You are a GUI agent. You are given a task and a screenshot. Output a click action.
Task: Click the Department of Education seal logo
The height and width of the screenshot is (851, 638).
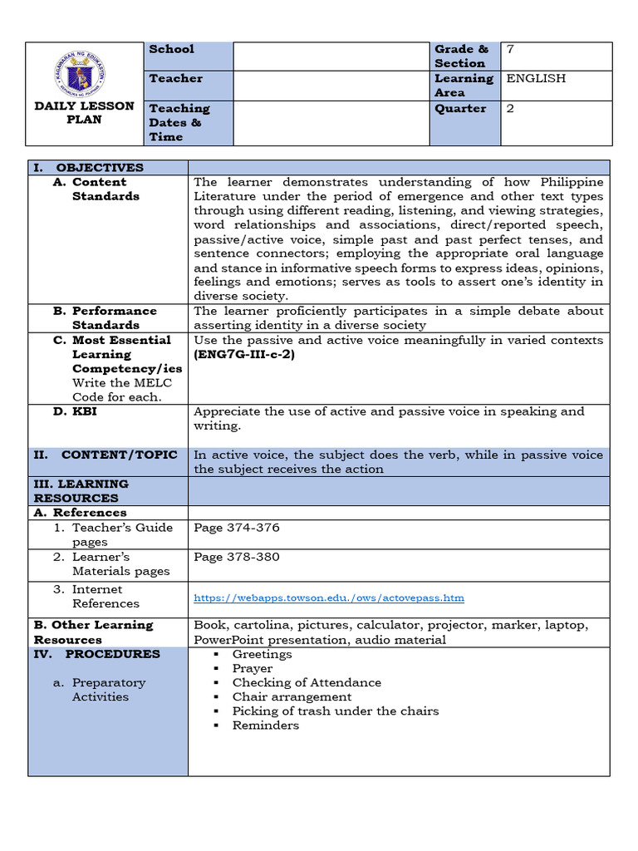pyautogui.click(x=81, y=72)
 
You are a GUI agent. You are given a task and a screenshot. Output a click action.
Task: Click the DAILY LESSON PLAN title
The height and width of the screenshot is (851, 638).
pyautogui.click(x=84, y=112)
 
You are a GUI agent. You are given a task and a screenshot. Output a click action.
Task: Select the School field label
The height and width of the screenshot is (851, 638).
pyautogui.click(x=171, y=49)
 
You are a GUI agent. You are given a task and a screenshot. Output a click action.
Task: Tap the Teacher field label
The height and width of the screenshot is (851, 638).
pyautogui.click(x=175, y=78)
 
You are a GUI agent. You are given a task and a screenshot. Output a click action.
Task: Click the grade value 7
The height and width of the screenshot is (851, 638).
pyautogui.click(x=510, y=49)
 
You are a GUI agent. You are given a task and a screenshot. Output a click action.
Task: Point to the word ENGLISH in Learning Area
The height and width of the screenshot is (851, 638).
pyautogui.click(x=536, y=78)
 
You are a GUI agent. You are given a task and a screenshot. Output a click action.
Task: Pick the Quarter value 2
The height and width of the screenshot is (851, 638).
pyautogui.click(x=510, y=108)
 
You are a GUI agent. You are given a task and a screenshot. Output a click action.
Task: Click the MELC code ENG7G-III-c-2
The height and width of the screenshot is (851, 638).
pyautogui.click(x=244, y=354)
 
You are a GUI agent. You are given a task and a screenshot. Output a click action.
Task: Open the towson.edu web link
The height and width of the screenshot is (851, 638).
pyautogui.click(x=328, y=598)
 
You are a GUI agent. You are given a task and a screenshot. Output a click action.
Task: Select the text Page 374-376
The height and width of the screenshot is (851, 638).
pyautogui.click(x=236, y=528)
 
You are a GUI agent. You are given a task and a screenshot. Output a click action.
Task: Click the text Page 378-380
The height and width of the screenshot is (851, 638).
pyautogui.click(x=236, y=557)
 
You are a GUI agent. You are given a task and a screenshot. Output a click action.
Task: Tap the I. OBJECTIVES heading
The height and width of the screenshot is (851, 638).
pyautogui.click(x=88, y=167)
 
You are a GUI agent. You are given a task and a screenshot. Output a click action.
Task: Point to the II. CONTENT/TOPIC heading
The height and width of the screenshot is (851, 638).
pyautogui.click(x=106, y=455)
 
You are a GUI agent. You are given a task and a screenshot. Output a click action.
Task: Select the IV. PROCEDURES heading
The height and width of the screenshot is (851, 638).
pyautogui.click(x=96, y=654)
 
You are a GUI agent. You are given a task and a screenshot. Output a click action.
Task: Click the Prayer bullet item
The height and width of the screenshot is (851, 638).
pyautogui.click(x=252, y=668)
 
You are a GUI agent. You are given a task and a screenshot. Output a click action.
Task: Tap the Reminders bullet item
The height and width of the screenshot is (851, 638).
pyautogui.click(x=265, y=726)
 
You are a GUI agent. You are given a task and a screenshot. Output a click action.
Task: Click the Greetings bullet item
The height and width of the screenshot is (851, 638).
pyautogui.click(x=262, y=654)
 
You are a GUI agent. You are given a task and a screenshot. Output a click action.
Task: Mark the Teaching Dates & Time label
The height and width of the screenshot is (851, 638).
pyautogui.click(x=179, y=122)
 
